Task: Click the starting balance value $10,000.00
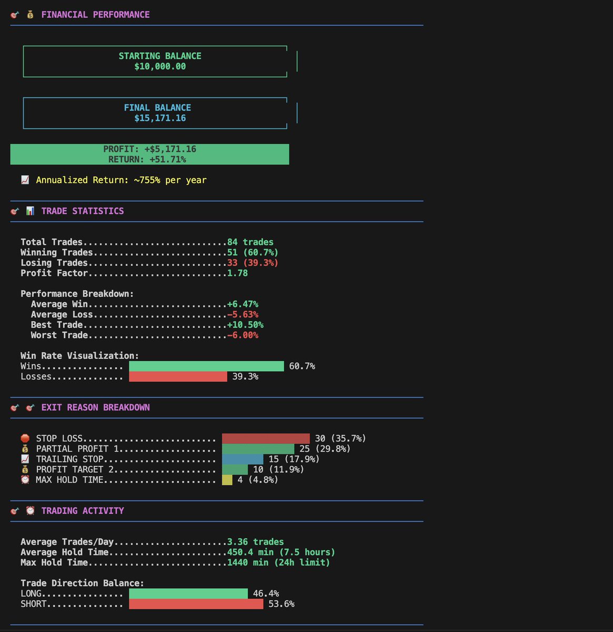160,67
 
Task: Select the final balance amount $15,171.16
160,118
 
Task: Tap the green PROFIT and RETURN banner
149,154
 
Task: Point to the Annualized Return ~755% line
121,180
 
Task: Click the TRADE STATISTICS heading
83,211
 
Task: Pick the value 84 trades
250,242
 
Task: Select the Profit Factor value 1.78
237,273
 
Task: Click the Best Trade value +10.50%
245,325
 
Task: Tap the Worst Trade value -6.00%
243,335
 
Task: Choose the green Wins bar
206,366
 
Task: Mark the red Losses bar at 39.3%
178,377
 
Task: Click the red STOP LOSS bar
266,439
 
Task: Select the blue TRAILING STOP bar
243,459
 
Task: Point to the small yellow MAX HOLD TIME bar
227,480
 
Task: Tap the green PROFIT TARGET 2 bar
235,470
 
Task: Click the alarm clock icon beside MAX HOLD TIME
25,480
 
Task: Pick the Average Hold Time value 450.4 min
281,552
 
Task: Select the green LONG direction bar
188,594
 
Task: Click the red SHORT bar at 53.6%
196,604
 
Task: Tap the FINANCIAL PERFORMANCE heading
95,15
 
